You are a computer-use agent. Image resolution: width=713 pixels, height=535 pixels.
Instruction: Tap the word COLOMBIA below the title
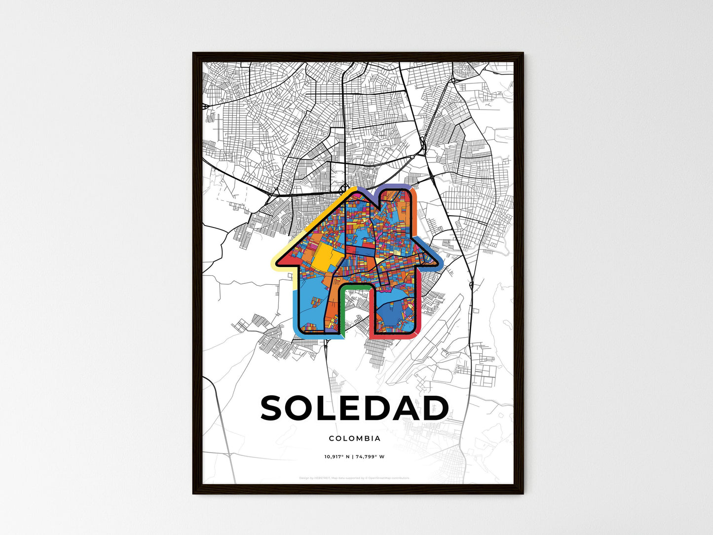click(x=354, y=438)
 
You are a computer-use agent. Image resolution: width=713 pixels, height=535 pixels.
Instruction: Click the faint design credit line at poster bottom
click(x=354, y=478)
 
